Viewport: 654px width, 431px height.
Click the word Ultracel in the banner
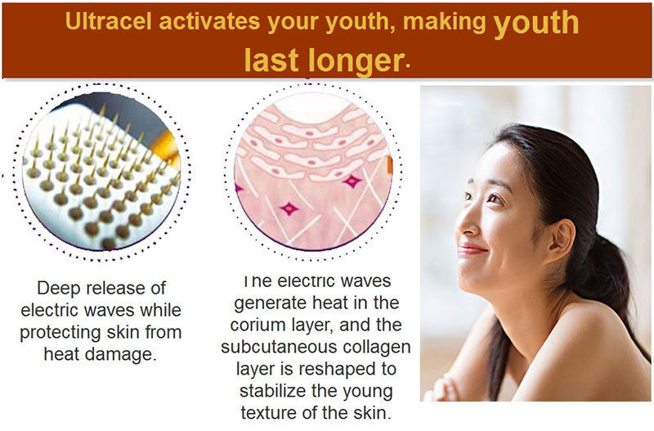[x=109, y=21]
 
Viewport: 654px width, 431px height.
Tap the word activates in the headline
[x=209, y=21]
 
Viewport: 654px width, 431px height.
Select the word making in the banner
[x=445, y=23]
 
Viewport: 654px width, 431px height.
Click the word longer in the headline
[x=356, y=61]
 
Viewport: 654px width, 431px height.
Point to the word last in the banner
[x=271, y=59]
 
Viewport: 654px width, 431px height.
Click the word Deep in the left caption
[x=57, y=289]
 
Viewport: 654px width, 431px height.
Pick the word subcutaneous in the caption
[x=275, y=347]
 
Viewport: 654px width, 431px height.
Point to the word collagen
[x=372, y=348]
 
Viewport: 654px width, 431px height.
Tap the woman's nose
[x=467, y=225]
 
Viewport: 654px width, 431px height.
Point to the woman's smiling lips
[x=472, y=249]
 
